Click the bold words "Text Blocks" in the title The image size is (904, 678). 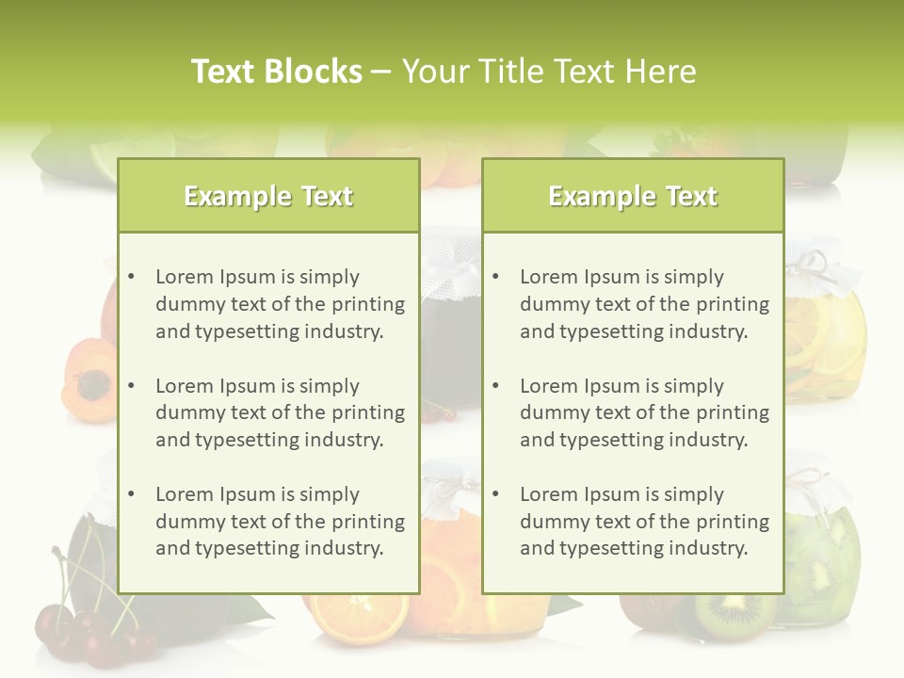point(276,72)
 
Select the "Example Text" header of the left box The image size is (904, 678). point(268,196)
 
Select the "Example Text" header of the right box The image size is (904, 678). point(633,196)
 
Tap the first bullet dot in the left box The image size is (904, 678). point(132,277)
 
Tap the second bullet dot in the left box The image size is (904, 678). point(132,386)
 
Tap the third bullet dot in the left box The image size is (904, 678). point(132,494)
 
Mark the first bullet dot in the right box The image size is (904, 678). point(496,277)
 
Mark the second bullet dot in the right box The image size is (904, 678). point(496,386)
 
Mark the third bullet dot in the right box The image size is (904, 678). point(496,494)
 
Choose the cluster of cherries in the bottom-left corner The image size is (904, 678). point(89,636)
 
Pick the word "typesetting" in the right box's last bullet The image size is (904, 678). point(611,548)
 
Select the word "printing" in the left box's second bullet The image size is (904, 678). point(368,412)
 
